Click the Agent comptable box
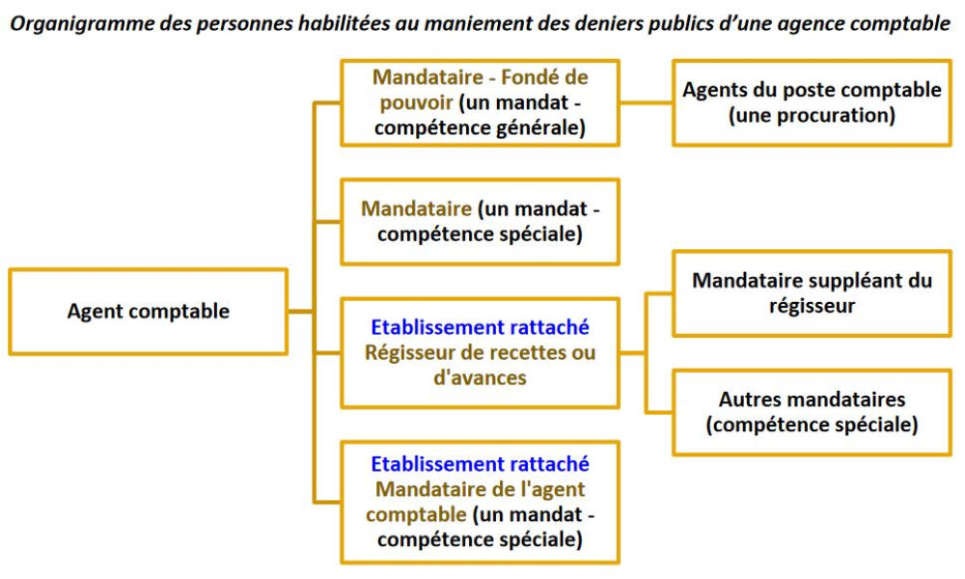click(149, 312)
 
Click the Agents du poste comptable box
click(812, 102)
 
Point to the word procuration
click(812, 116)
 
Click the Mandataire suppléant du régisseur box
click(812, 293)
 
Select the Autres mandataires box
click(812, 412)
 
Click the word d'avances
click(480, 377)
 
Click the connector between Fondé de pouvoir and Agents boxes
click(646, 102)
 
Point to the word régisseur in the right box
click(812, 306)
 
